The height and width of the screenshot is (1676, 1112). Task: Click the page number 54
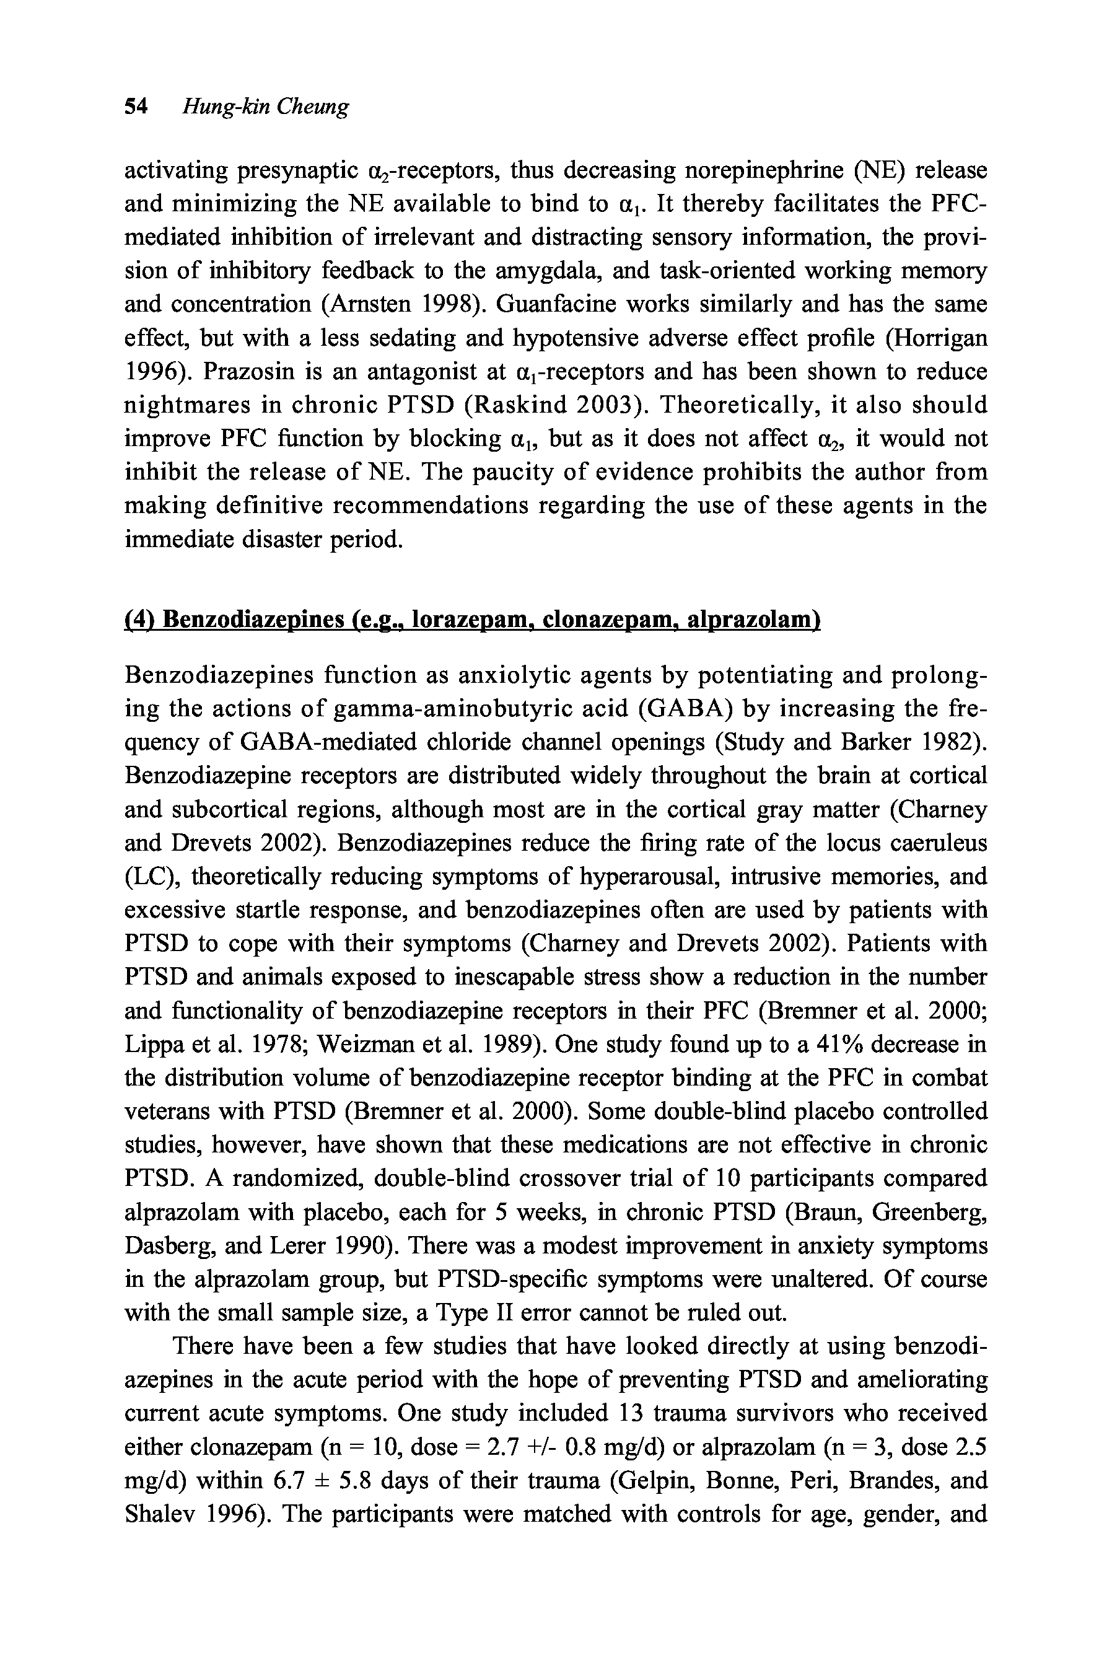click(136, 107)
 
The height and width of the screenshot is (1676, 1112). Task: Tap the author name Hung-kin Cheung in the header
click(266, 107)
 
